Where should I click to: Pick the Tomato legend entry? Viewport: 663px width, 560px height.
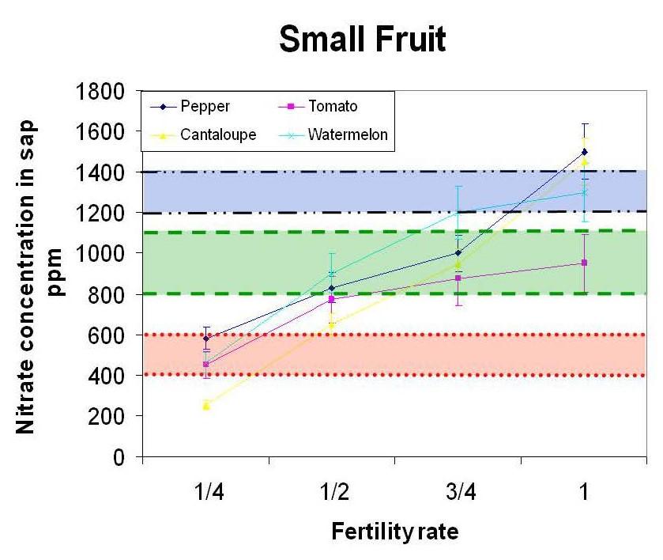[x=332, y=107]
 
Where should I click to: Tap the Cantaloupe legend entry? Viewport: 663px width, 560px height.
[x=217, y=134]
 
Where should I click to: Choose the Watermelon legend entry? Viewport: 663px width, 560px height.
[x=348, y=134]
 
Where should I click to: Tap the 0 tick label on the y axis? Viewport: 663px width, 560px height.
[x=119, y=456]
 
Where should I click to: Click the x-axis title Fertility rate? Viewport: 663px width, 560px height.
[x=394, y=532]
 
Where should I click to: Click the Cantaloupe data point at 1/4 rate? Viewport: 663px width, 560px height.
[x=206, y=405]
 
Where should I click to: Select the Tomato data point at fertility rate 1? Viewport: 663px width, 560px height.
[x=585, y=263]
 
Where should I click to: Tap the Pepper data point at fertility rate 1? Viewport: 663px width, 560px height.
[x=585, y=151]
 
